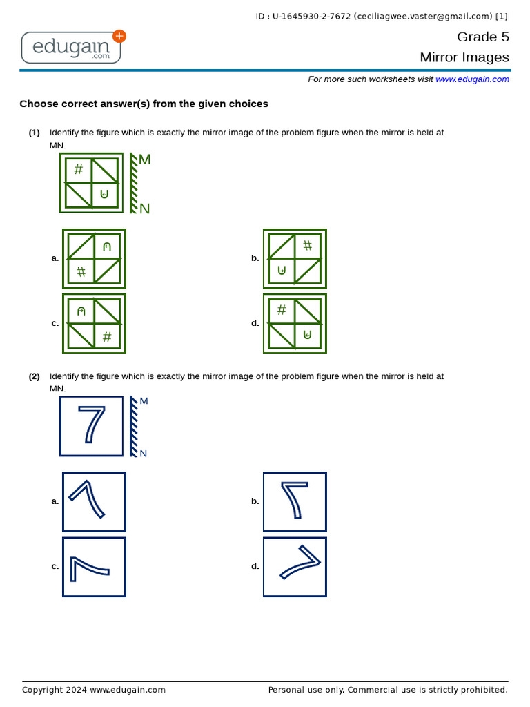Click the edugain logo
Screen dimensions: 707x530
pos(72,48)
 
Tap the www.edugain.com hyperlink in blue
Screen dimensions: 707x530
pos(472,79)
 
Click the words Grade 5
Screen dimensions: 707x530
pos(482,37)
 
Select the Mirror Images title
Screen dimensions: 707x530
pos(464,57)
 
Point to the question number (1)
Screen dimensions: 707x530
pos(34,133)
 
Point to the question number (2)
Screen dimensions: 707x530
pos(34,376)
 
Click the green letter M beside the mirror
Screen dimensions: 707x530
pos(144,160)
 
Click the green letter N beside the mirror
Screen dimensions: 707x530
pos(144,209)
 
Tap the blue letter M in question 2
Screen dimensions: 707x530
pos(144,401)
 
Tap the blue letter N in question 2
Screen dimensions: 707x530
pos(143,454)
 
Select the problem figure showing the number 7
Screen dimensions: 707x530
pos(91,426)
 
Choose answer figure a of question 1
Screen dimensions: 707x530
pos(94,259)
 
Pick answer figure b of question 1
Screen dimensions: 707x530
pos(295,259)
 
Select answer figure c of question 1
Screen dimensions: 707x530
pos(94,323)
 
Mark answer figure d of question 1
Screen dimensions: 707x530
pos(295,323)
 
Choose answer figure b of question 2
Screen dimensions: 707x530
pos(295,502)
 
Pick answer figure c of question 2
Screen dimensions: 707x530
pos(94,567)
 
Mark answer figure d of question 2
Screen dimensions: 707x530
pos(295,567)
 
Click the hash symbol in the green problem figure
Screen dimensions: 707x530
pos(79,168)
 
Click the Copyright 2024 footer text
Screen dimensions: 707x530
pos(94,690)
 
